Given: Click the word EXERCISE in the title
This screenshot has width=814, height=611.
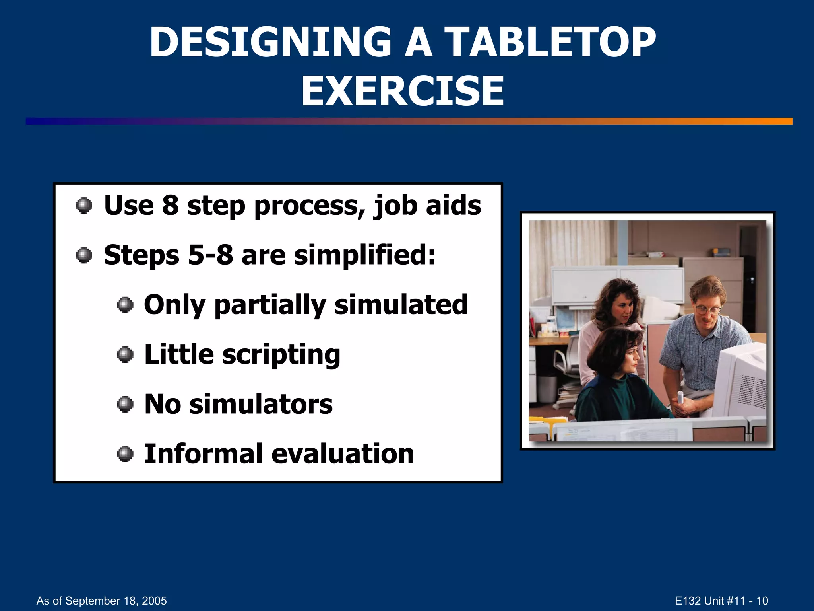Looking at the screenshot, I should [x=402, y=91].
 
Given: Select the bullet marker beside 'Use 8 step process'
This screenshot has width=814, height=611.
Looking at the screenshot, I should [x=84, y=206].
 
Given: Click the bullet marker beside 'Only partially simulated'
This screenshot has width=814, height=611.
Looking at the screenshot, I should [x=125, y=305].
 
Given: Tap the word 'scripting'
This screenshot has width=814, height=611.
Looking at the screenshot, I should [x=281, y=354].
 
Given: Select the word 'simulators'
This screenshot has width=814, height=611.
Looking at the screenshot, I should [x=261, y=404].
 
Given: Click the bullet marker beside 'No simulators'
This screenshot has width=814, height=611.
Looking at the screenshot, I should [x=125, y=405].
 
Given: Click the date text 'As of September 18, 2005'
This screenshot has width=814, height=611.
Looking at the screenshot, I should [x=101, y=601].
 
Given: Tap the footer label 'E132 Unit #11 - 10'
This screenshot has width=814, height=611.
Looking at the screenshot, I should [x=721, y=601].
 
